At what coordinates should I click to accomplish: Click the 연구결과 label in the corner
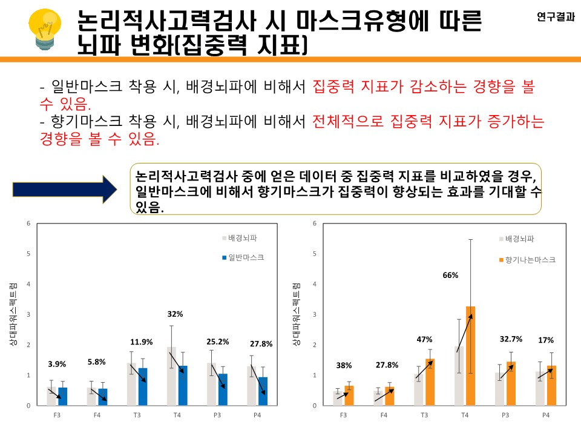pos(555,18)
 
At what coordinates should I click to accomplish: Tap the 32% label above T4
pos(176,314)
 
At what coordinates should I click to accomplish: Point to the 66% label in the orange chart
pos(451,275)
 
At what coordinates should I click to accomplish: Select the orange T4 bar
pos(470,355)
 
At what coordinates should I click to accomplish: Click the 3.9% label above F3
pos(57,364)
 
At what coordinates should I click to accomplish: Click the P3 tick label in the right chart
pos(505,415)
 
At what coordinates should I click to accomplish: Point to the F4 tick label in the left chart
pos(97,415)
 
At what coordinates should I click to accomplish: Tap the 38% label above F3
pos(344,365)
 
